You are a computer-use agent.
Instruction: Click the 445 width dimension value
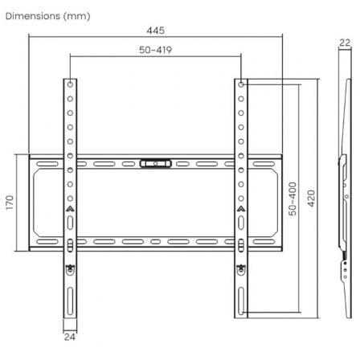click(156, 31)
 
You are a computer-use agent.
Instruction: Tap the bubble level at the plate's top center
click(156, 164)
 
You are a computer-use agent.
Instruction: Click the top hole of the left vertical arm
click(71, 84)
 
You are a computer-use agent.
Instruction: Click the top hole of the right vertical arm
click(242, 84)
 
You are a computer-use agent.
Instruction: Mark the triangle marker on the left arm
click(71, 210)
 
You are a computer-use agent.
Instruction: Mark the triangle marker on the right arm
click(242, 210)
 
